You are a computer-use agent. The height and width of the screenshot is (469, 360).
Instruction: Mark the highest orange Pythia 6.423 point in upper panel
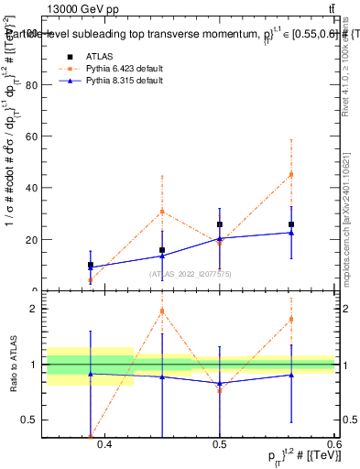(291, 174)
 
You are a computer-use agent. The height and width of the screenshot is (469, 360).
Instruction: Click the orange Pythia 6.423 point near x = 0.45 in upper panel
(162, 212)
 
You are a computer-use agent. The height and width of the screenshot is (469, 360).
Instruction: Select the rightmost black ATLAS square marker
(291, 224)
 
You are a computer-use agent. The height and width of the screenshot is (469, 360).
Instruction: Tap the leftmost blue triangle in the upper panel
(90, 268)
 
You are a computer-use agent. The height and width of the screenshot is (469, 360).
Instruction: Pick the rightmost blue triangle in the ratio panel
(291, 375)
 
